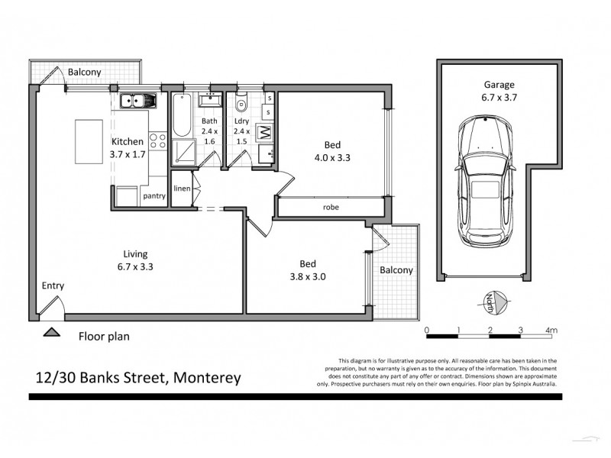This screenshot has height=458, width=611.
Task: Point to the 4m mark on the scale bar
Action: click(x=551, y=330)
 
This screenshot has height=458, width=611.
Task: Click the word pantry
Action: click(x=154, y=196)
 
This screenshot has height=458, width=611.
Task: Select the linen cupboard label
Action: click(x=182, y=189)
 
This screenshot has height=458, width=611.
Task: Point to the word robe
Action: click(x=331, y=207)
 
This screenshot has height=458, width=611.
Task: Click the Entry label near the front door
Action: click(x=53, y=286)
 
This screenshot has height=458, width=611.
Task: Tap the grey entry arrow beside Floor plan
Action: click(x=52, y=332)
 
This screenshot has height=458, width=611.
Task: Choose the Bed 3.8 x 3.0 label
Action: click(x=308, y=271)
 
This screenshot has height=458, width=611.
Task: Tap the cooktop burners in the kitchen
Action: click(x=157, y=140)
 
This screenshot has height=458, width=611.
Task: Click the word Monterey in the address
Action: click(x=208, y=377)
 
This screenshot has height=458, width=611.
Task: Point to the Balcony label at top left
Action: click(x=85, y=73)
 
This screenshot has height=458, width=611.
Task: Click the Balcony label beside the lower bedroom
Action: click(x=396, y=270)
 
